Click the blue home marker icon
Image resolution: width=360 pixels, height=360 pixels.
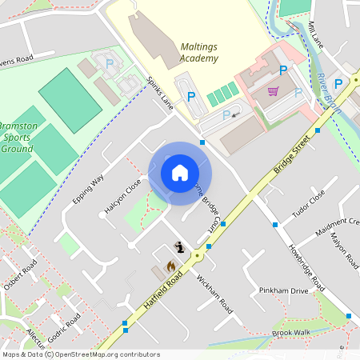[180, 173]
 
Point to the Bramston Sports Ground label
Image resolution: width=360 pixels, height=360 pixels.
[16, 138]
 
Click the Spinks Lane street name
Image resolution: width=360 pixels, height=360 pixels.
[160, 93]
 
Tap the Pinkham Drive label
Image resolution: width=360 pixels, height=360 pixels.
[283, 290]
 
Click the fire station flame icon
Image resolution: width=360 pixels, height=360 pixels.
[170, 266]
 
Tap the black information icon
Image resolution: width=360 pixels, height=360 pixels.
[180, 249]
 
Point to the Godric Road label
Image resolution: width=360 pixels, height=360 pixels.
[64, 329]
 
